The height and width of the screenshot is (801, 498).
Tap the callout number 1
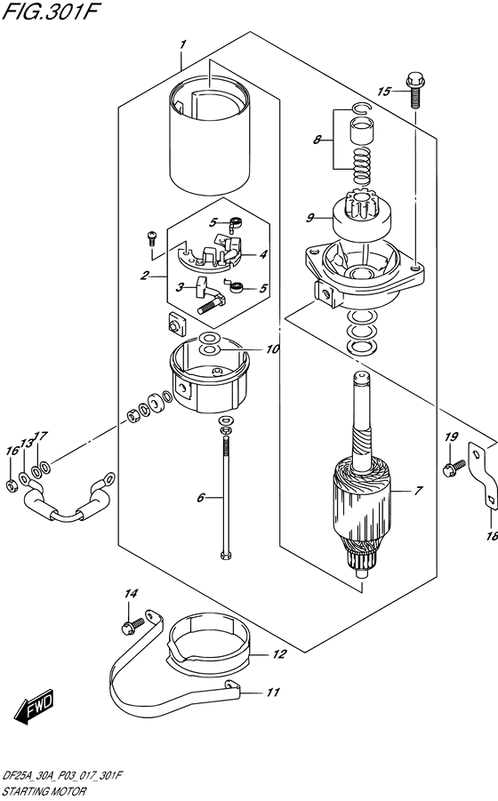click(x=181, y=44)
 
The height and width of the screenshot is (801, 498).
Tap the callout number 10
click(x=272, y=349)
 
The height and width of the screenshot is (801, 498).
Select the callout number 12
click(x=279, y=655)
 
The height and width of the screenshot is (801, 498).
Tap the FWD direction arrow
click(x=33, y=708)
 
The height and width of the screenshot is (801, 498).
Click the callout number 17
click(x=40, y=437)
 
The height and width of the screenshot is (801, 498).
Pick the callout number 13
click(x=26, y=442)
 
